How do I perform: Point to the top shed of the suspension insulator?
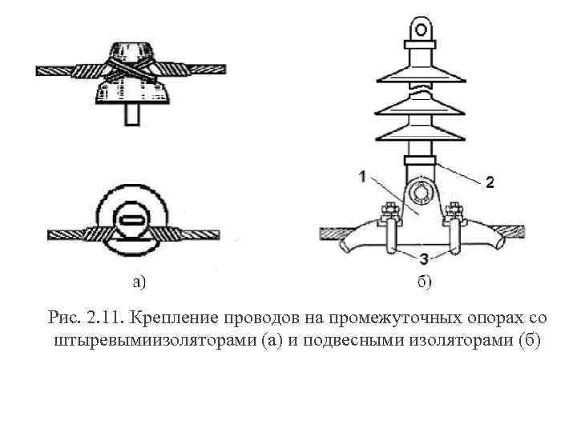coord(422,71)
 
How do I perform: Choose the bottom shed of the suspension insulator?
coord(422,134)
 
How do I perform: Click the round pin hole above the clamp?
coord(422,192)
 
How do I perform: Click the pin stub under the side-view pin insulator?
coord(131,114)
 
